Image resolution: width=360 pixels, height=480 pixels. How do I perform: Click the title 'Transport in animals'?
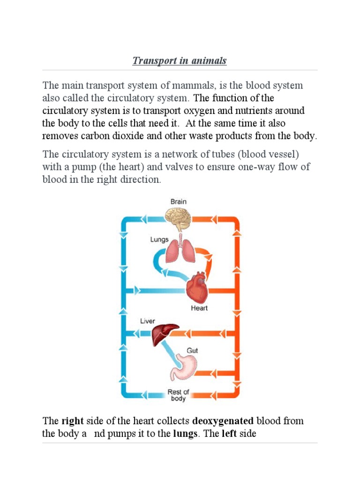coord(180,61)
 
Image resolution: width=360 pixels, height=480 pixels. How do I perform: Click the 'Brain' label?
coord(178,202)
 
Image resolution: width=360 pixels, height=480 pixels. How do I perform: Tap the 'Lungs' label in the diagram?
coord(159,240)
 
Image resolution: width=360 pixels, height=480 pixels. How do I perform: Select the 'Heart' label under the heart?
coord(199,308)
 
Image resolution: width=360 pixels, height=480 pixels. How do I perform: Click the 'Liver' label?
coord(147,321)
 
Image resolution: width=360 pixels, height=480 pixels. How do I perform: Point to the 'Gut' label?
coord(193,350)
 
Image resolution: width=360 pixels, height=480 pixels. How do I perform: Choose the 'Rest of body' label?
coord(178,395)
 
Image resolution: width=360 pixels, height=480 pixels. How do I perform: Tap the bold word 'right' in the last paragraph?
coord(72,421)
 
